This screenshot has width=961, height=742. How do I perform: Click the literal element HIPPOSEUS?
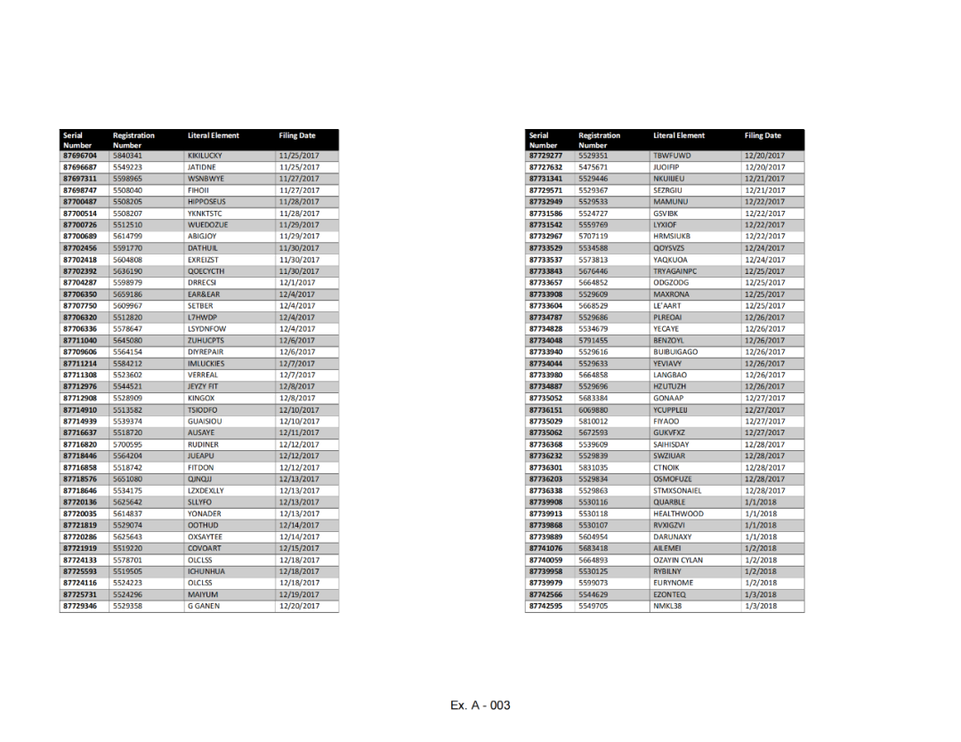[206, 202]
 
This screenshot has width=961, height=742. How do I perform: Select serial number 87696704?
[79, 156]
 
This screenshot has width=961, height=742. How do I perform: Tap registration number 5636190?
[127, 271]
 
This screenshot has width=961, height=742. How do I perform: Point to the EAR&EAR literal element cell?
[203, 294]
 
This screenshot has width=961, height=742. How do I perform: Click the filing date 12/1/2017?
[296, 283]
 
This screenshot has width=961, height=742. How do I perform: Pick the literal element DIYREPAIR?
[206, 352]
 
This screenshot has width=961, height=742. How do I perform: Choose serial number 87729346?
[79, 607]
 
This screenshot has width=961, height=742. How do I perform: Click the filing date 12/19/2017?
[299, 595]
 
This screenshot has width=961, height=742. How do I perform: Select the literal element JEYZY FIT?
[202, 387]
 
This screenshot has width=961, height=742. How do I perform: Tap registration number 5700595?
[127, 445]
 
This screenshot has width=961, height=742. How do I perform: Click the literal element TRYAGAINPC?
[674, 271]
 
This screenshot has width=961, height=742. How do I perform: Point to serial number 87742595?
[545, 607]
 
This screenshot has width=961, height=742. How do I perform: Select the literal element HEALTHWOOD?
[677, 514]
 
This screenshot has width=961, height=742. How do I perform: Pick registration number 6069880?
[593, 410]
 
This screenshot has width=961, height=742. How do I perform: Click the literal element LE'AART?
[666, 306]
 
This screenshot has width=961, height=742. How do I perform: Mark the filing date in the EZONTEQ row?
[761, 595]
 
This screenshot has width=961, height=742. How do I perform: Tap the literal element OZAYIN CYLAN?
[677, 561]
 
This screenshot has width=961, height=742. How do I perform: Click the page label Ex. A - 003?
[480, 706]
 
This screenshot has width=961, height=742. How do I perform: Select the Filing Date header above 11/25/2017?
[296, 136]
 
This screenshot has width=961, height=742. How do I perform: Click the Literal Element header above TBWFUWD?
[678, 136]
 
